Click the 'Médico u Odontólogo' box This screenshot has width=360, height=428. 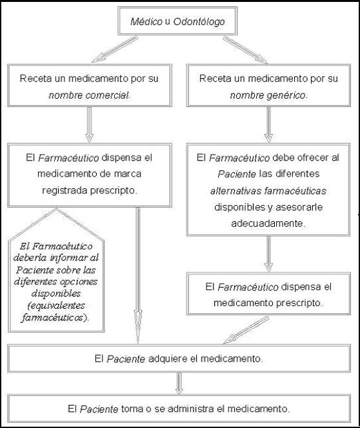(177, 21)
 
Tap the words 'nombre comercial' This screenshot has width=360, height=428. (89, 95)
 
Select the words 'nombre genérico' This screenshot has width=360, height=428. (268, 95)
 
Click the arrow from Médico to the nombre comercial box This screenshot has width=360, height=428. (114, 50)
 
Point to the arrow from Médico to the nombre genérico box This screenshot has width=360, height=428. (245, 50)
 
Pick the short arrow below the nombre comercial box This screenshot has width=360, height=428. (89, 124)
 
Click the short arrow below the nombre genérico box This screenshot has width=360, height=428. (268, 125)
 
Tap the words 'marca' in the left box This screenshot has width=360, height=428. (128, 173)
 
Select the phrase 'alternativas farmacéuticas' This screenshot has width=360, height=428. (268, 191)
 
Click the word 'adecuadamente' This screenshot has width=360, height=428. (268, 224)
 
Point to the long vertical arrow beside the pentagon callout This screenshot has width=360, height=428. (138, 276)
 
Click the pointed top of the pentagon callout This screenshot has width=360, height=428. (56, 209)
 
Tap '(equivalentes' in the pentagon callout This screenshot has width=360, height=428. (56, 306)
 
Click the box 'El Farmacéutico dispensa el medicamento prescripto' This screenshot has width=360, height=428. (268, 294)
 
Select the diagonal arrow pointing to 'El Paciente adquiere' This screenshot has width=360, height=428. (246, 330)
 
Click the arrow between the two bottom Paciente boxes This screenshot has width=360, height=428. (179, 384)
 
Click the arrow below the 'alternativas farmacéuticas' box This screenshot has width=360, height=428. (268, 254)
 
